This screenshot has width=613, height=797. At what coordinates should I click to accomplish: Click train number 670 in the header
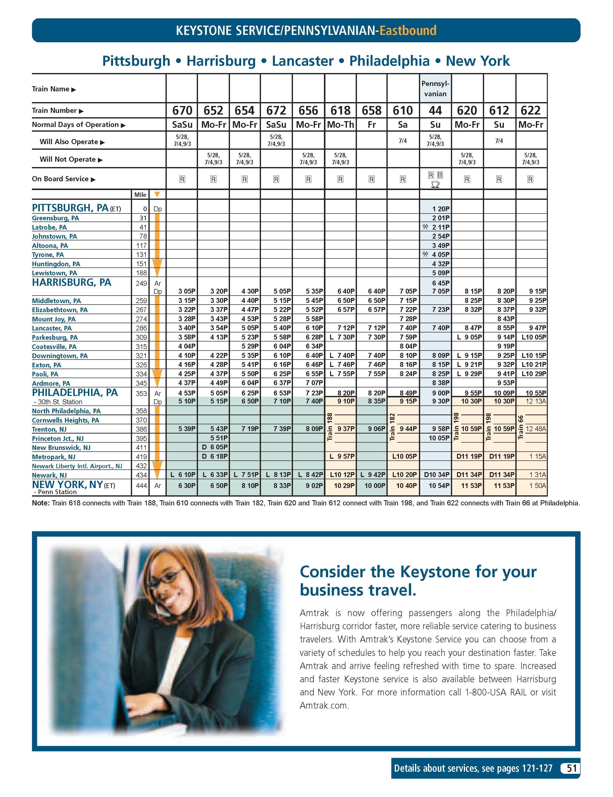pos(182,110)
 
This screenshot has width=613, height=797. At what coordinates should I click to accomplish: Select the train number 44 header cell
pos(435,110)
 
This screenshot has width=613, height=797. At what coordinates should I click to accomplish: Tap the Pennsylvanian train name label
pos(435,89)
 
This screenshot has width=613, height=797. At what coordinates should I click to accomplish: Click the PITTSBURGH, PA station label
pos(70,208)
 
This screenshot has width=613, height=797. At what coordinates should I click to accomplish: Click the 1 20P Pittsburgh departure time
pos(440,209)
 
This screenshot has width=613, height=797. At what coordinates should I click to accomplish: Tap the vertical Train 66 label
pos(521,427)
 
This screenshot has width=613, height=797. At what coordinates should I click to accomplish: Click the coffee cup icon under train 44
pos(435,185)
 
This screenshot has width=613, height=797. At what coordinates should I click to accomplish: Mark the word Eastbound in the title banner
pos(408,30)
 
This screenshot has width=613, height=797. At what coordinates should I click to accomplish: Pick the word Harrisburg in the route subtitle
pos(221,61)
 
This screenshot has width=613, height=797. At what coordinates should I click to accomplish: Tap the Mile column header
pos(140,195)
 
